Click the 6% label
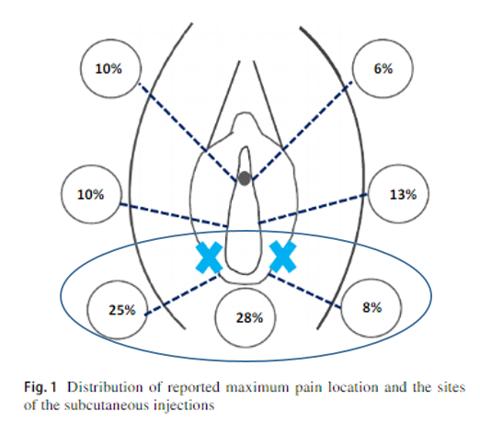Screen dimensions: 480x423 383,68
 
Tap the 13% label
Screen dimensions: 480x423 403,194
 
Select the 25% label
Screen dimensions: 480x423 121,310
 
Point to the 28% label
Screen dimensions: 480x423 249,317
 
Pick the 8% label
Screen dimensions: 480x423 371,307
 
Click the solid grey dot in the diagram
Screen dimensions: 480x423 245,178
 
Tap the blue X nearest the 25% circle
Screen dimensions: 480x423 209,257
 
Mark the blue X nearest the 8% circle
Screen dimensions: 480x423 282,257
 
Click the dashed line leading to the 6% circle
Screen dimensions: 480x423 302,131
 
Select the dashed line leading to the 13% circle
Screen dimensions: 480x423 313,209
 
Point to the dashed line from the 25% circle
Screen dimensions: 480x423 182,295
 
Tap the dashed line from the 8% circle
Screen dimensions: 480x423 304,291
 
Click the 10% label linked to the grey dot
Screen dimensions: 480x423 109,68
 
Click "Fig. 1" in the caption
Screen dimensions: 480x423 40,387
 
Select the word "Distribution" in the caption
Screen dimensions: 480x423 105,387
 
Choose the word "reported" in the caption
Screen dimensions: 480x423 194,387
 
